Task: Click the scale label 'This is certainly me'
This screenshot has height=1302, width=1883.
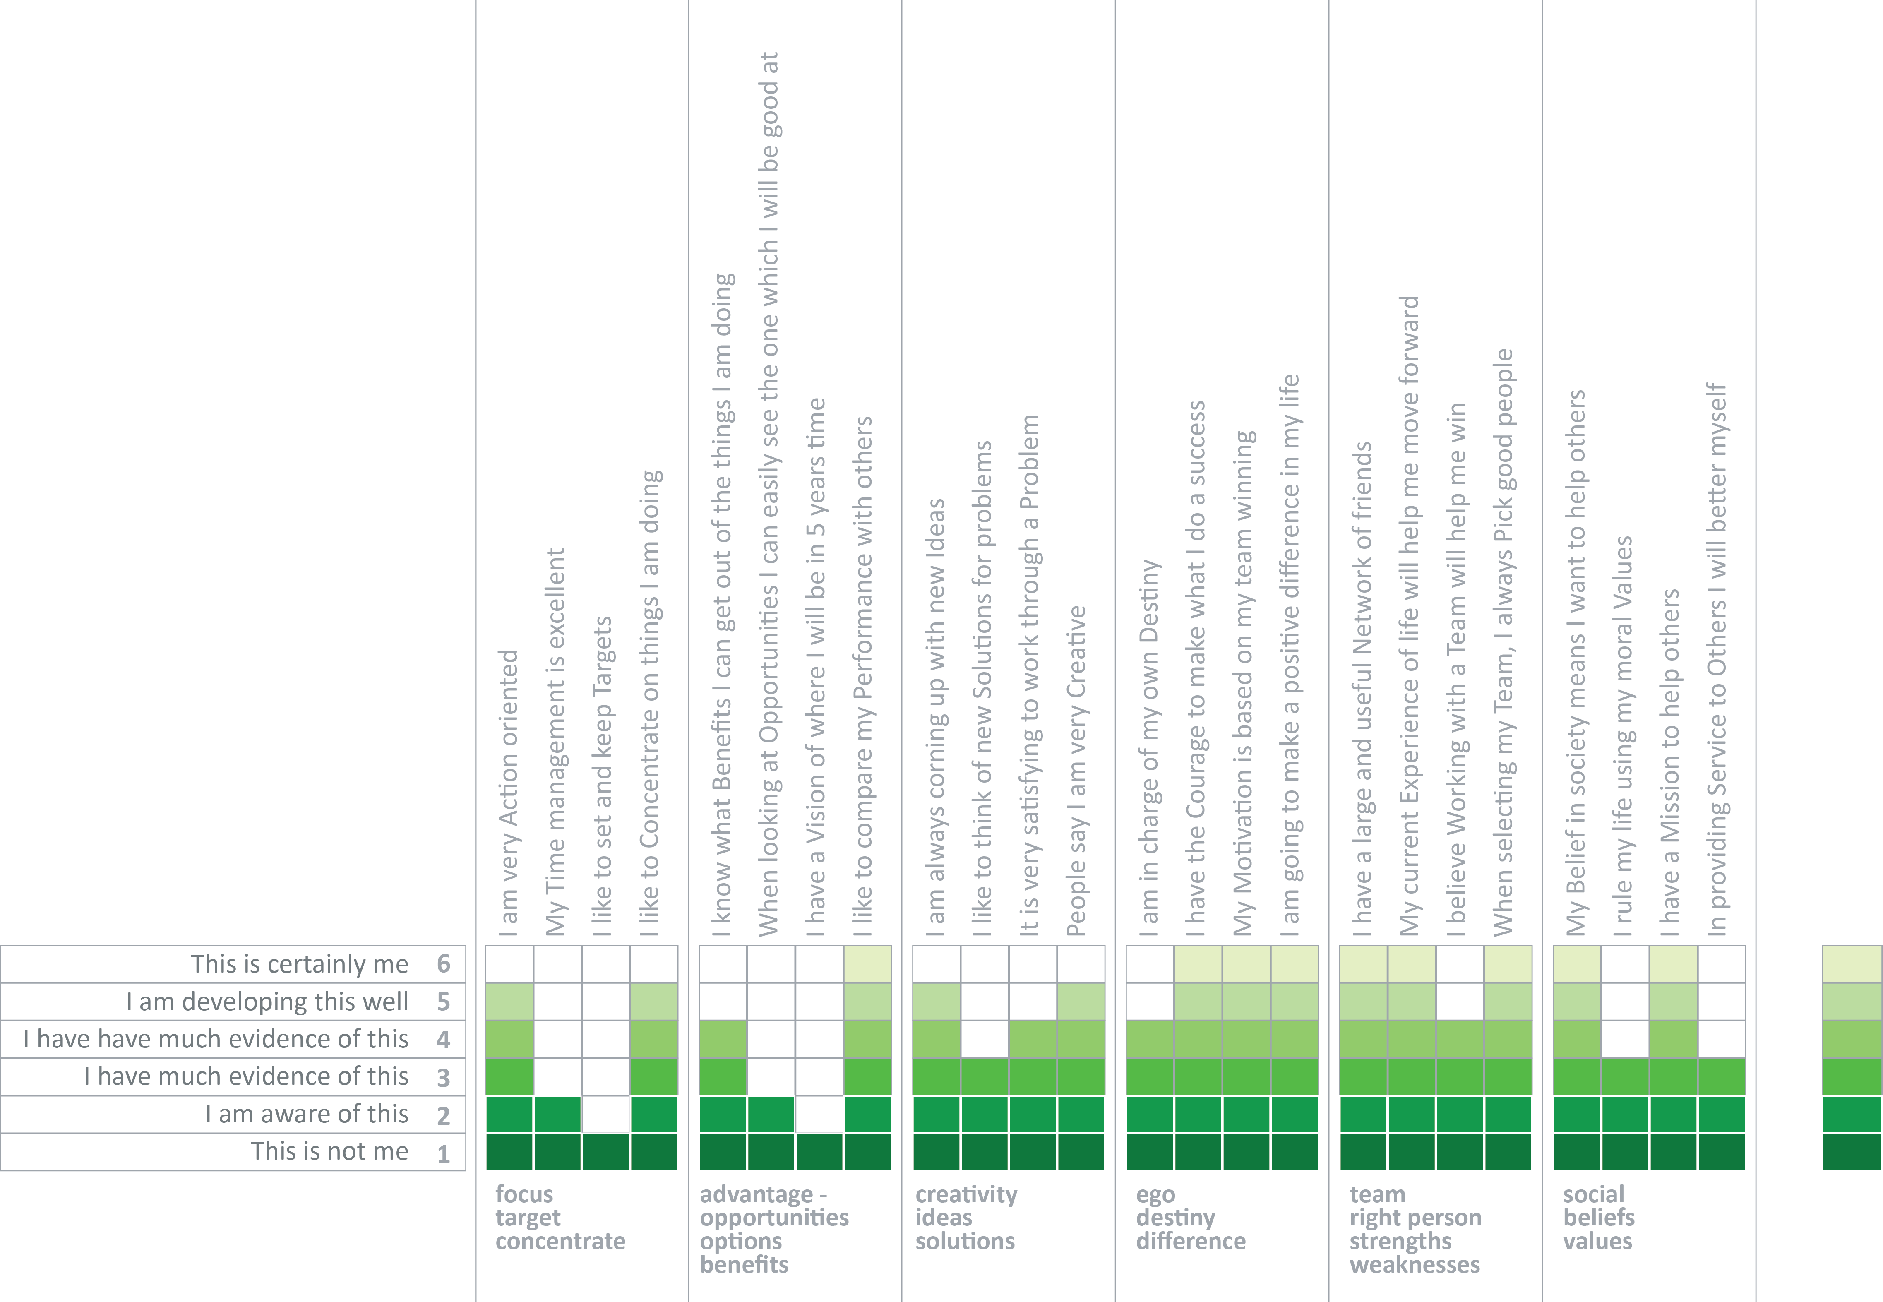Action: [x=300, y=964]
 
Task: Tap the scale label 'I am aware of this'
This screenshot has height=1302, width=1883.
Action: [x=306, y=1115]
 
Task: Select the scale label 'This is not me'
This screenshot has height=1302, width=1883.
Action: [x=329, y=1152]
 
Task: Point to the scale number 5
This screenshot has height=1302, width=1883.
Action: [x=443, y=1002]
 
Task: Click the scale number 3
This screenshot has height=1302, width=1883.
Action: [x=443, y=1078]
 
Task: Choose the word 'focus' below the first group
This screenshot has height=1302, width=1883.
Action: [x=524, y=1194]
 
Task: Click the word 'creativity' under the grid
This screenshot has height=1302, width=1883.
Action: [x=966, y=1194]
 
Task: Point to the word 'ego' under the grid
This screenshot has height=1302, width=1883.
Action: [x=1155, y=1194]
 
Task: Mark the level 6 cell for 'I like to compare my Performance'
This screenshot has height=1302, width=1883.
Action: [x=867, y=964]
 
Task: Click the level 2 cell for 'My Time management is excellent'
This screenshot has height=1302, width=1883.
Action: [x=557, y=1115]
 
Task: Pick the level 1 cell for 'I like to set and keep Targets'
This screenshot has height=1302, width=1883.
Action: [x=605, y=1152]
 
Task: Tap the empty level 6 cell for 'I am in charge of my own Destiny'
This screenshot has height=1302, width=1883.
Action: [x=1150, y=964]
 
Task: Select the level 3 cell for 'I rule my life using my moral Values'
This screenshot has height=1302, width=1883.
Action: [x=1625, y=1077]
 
